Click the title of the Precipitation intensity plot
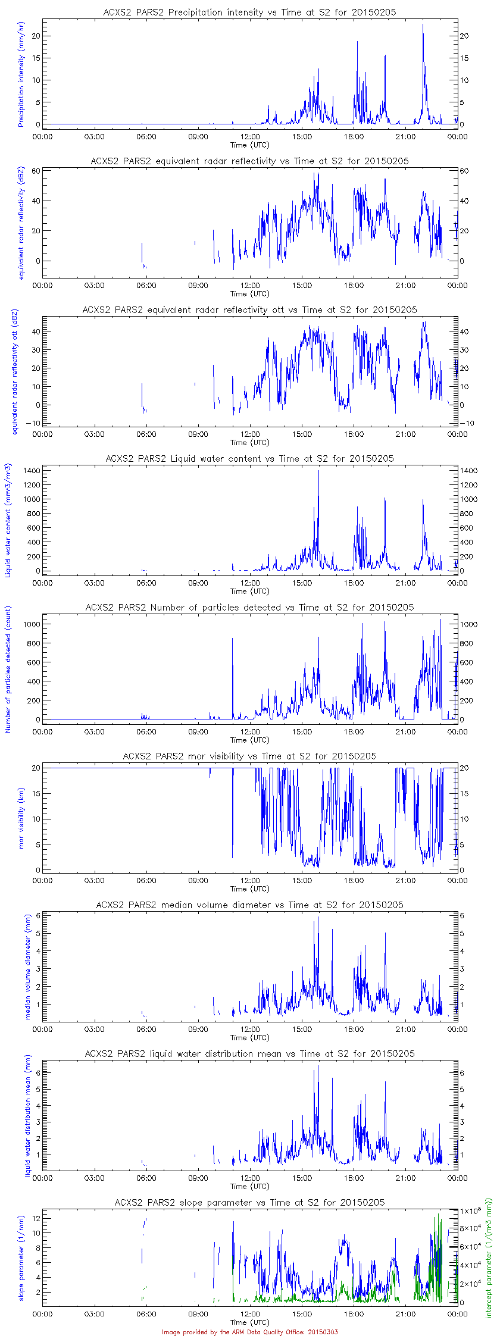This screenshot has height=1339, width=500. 249,12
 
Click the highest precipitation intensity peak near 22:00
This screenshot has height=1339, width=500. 423,25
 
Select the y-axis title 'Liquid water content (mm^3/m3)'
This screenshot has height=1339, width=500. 8,521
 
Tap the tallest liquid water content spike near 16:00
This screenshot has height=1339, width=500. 318,471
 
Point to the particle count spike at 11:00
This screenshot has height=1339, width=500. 233,639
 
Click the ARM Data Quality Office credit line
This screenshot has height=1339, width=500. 249,1332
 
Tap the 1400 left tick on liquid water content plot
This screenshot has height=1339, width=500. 31,470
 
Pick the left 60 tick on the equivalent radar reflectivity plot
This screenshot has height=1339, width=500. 35,171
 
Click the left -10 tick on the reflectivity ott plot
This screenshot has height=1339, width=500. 32,423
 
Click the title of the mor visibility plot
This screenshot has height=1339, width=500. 249,756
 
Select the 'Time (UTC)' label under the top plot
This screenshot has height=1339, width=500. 249,145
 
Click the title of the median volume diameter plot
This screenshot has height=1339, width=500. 249,905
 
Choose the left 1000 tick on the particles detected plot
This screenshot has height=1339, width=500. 31,624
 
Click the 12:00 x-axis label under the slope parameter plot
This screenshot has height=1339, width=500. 250,1313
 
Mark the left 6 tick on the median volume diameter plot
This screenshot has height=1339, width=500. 37,915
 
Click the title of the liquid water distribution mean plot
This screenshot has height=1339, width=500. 249,1053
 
